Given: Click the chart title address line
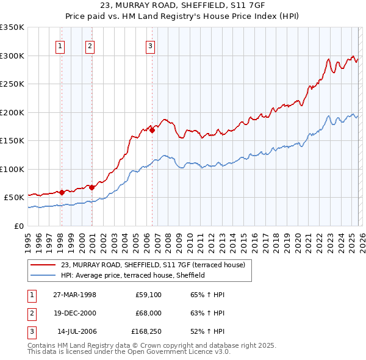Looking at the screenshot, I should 182,6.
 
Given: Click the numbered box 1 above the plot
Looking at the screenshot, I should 61,45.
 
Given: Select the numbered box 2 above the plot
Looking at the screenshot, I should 90,45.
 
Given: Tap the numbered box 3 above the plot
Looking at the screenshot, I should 150,45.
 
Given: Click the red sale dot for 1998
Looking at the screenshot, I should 62,192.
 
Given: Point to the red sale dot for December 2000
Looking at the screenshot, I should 91,187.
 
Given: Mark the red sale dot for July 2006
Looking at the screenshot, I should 152,130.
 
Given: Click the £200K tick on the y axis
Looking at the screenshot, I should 12,112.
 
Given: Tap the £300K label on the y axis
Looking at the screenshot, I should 12,56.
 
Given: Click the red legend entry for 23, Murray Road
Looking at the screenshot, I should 152,265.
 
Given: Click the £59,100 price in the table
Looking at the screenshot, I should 148,295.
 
